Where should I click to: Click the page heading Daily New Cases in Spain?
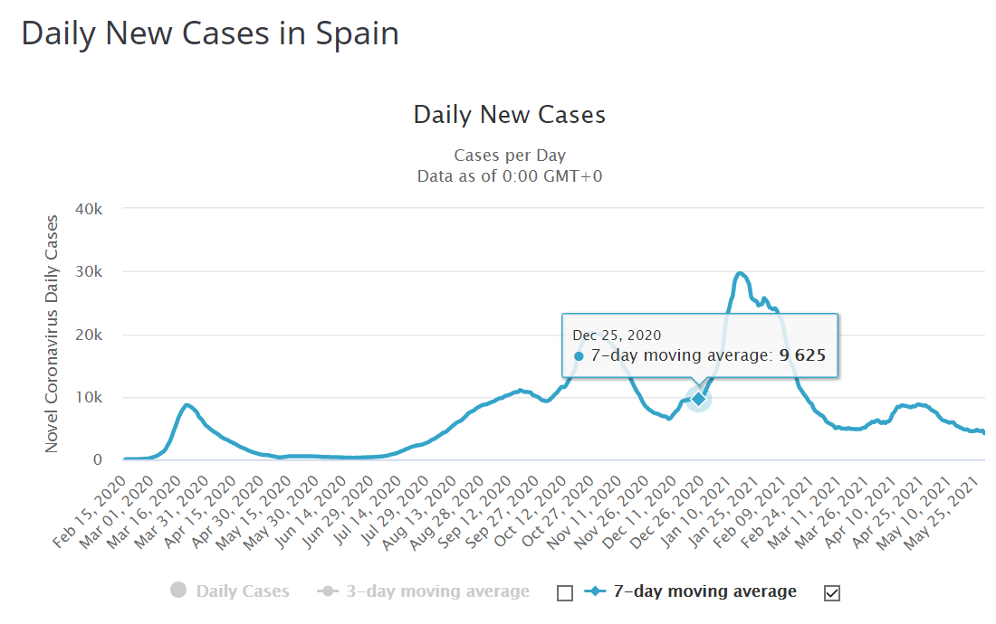coord(210,34)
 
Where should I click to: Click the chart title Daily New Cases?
coord(509,115)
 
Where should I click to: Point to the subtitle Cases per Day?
coord(510,156)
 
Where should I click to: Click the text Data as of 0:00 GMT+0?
coord(510,176)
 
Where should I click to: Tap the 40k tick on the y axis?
coord(88,209)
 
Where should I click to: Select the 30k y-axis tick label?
coord(88,272)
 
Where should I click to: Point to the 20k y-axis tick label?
coord(88,336)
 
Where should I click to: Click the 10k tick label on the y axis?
coord(88,398)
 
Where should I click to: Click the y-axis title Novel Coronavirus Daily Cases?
coord(53,333)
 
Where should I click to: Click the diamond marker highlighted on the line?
coord(698,398)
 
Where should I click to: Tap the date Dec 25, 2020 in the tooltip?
coord(617,336)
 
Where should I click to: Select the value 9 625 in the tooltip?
coord(802,356)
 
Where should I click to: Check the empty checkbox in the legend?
coord(565,593)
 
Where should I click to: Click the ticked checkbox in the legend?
coord(832,593)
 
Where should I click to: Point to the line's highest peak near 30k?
coord(740,273)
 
